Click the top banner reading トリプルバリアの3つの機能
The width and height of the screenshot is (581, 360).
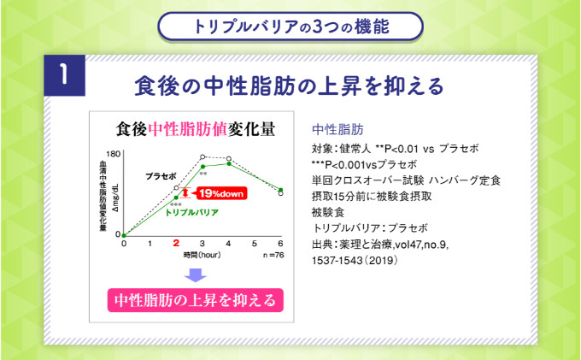click(290, 26)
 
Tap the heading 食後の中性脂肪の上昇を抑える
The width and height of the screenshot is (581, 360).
click(290, 86)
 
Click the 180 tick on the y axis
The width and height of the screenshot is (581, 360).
click(114, 155)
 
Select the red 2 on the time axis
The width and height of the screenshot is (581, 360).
click(176, 244)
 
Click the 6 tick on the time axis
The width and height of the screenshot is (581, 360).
click(281, 244)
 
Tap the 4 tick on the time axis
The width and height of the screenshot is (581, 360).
click(229, 244)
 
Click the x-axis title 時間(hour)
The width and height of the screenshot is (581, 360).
click(202, 255)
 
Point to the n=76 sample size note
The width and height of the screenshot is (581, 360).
click(274, 255)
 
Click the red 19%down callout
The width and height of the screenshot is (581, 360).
click(222, 192)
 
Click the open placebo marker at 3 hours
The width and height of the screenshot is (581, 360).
click(202, 157)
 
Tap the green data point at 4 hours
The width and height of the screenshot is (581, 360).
click(229, 164)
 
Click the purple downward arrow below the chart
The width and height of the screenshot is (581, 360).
click(196, 274)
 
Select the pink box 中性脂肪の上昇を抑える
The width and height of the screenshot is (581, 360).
click(196, 300)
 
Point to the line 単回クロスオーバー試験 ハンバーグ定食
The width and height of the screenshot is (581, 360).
click(407, 180)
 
